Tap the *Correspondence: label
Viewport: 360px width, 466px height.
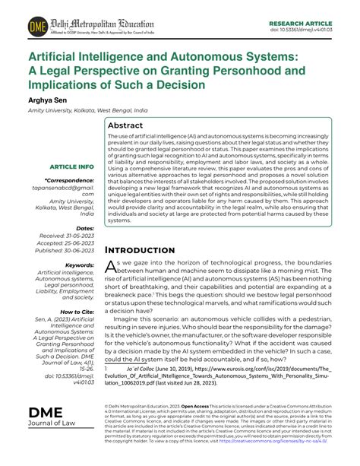68,181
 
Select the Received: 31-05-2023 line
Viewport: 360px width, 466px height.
65,236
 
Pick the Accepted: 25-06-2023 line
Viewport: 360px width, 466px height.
64,243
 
